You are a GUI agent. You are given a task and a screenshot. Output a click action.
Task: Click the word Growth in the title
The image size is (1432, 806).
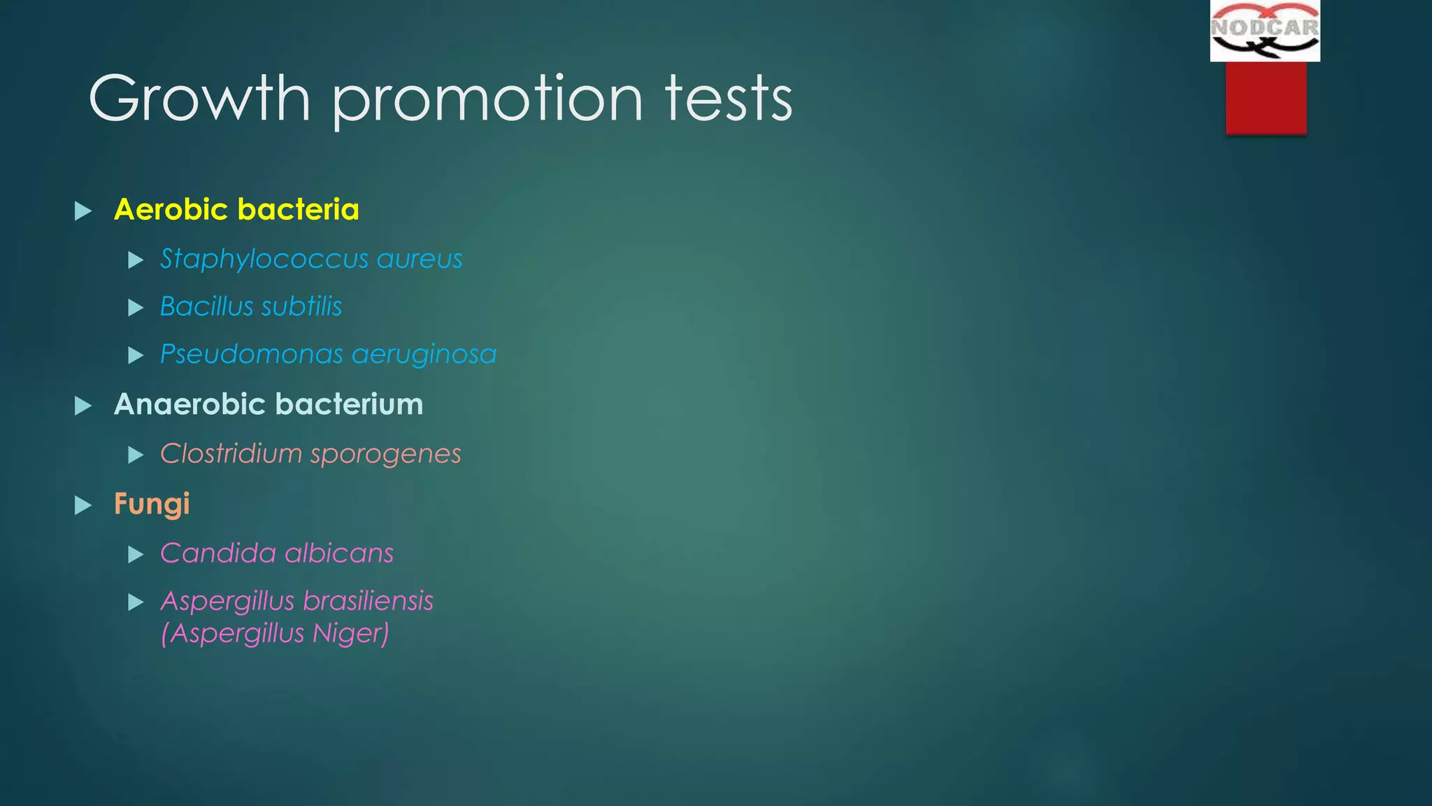coord(199,99)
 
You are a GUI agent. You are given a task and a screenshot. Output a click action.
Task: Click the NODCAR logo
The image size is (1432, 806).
coord(1265,31)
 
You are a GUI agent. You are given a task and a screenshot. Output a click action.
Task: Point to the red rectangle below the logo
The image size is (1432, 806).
coord(1266,97)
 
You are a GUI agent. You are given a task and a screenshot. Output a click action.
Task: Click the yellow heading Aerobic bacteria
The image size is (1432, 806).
coord(236,210)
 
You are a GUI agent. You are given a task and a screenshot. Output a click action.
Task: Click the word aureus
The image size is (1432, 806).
coord(420,260)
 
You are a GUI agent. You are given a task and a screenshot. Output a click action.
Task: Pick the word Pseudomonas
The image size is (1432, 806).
coord(251,354)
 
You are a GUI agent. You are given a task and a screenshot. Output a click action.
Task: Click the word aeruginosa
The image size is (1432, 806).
coord(424,355)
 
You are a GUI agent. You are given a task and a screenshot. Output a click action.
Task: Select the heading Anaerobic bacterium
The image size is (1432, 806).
coord(268,404)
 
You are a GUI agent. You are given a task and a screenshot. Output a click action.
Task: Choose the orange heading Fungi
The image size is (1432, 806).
coord(152,504)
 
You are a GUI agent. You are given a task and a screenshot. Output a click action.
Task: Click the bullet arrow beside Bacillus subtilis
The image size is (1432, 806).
coord(136,308)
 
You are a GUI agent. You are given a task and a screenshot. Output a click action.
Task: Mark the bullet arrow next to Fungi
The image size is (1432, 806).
coord(83,505)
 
